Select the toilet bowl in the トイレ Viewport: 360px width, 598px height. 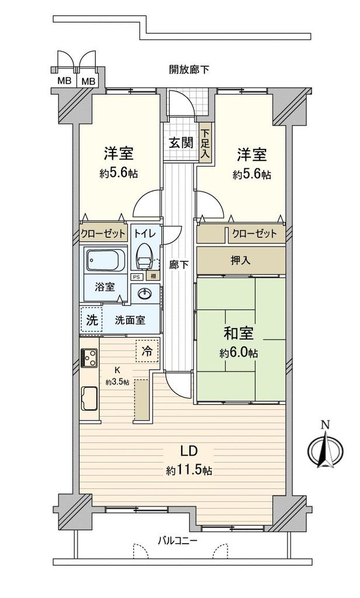tap(145, 257)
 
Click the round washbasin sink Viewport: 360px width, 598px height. tap(146, 294)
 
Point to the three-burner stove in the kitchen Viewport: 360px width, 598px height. tap(89, 358)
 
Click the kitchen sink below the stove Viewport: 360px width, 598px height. tap(89, 398)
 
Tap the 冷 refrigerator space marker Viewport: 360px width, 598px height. tap(147, 350)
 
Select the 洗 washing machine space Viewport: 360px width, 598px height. tap(92, 319)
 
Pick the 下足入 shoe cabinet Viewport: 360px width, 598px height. tap(206, 144)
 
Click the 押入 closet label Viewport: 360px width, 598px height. tap(241, 260)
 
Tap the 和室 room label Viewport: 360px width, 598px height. tap(238, 333)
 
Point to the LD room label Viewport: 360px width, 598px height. tap(189, 451)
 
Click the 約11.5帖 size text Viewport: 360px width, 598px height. tap(189, 470)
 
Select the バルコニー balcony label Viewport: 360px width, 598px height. tap(178, 540)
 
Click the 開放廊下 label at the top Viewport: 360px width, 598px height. tap(189, 70)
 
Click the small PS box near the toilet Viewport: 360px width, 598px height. tap(136, 277)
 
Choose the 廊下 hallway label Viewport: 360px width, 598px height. tap(179, 265)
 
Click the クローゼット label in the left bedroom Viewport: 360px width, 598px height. tap(103, 234)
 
